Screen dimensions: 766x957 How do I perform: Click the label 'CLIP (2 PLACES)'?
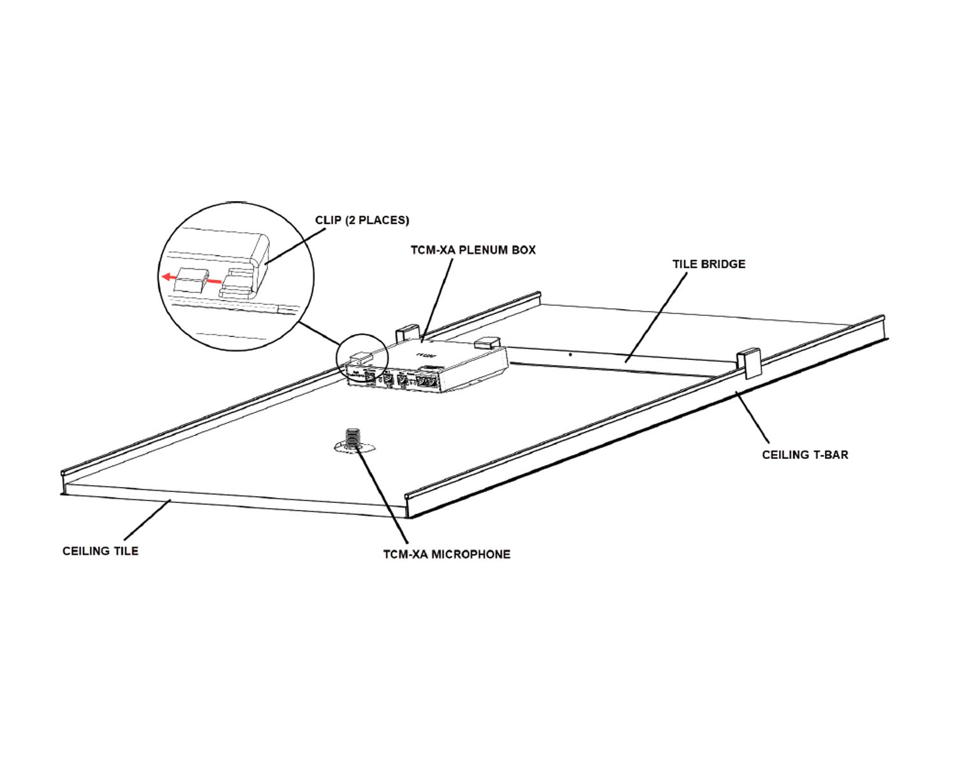click(x=362, y=220)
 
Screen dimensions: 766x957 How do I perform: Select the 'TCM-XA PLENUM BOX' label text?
click(x=473, y=250)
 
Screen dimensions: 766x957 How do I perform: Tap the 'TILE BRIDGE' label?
click(x=708, y=264)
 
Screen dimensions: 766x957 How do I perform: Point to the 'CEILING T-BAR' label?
click(x=805, y=455)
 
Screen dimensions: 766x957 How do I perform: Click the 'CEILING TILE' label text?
click(x=100, y=551)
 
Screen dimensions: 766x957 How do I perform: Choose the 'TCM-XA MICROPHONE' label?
click(x=447, y=554)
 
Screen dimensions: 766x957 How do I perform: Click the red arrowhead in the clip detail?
click(x=166, y=277)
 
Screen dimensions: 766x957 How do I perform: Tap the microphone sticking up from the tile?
click(x=351, y=438)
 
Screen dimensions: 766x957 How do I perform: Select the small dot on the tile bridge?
click(x=570, y=353)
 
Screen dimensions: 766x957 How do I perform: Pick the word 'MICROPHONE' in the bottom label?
click(x=471, y=554)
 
